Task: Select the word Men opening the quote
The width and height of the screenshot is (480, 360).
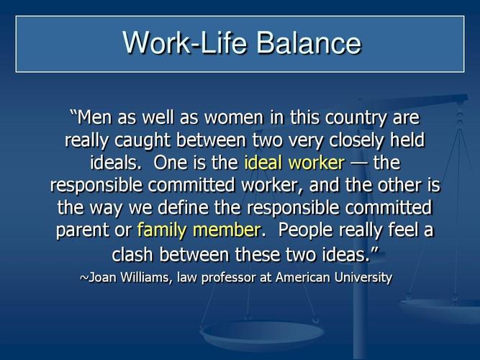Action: (94, 117)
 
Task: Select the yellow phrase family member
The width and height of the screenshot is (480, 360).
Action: (198, 230)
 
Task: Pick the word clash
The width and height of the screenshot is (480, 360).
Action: (133, 254)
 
